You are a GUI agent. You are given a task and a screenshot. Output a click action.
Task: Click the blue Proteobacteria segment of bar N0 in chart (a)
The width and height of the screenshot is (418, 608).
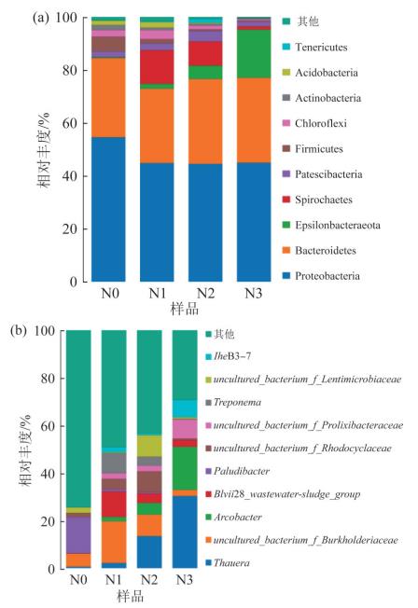pos(108,210)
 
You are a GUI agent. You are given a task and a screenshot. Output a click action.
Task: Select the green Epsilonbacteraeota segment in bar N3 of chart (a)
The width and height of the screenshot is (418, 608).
pos(254,54)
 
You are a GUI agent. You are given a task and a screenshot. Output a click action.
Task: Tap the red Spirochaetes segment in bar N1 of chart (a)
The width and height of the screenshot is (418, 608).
pos(157,67)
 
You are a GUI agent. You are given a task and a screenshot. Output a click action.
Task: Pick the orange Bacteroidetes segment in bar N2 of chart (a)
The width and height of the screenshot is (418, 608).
pos(205,122)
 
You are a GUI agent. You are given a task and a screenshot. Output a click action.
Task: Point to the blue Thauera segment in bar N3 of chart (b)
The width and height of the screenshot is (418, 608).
pos(185,532)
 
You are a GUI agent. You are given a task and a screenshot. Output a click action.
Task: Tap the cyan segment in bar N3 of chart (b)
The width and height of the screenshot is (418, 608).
pos(185,409)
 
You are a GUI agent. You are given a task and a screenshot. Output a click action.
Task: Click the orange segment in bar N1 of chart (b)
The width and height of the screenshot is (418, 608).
pos(114,542)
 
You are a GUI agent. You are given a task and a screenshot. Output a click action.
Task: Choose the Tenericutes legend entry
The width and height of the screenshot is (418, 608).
pos(314,47)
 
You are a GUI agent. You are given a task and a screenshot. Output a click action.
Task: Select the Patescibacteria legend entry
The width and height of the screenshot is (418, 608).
pos(322,174)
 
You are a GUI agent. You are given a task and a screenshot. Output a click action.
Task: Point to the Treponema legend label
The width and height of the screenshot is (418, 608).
pos(237,402)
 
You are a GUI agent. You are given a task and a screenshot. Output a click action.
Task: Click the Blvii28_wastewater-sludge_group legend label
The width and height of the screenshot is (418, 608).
pos(286,494)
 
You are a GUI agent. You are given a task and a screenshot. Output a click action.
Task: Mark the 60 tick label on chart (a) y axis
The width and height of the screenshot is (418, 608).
pos(70,123)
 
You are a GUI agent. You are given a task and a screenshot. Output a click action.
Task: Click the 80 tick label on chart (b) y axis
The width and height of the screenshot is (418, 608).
pos(49,379)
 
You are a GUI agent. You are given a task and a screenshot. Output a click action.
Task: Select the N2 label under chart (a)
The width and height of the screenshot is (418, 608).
pos(205,294)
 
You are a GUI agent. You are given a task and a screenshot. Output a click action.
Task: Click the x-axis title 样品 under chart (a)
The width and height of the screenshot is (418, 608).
pos(185,309)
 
